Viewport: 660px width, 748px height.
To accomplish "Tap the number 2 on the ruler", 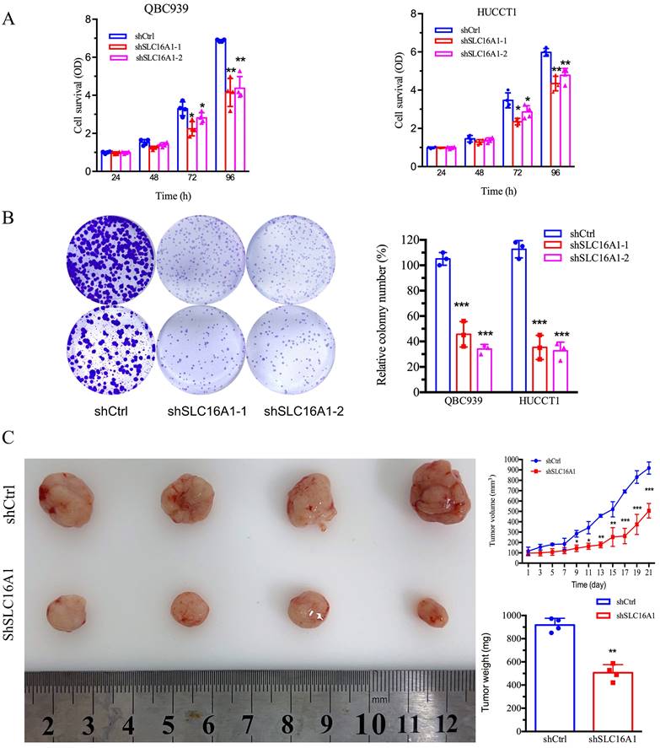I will pyautogui.click(x=50, y=724).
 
